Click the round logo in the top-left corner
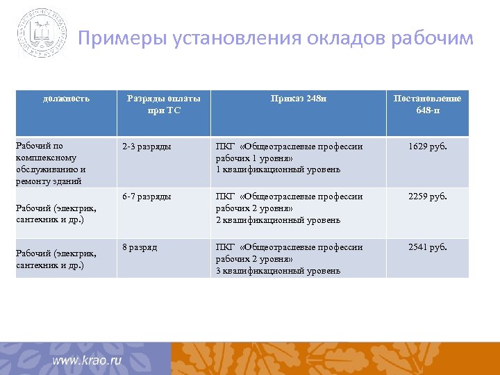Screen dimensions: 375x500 [x=42, y=33]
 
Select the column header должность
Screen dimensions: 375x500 [x=67, y=99]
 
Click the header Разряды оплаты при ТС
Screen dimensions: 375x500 [x=164, y=104]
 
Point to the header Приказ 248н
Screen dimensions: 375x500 [x=298, y=99]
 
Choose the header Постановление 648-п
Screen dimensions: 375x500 [x=427, y=104]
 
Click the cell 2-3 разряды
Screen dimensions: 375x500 [x=147, y=147]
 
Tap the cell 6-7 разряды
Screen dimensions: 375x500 [x=147, y=197]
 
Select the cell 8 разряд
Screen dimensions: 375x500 [x=140, y=247]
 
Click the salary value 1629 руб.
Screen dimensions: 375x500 [x=428, y=147]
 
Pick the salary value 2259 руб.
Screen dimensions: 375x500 [x=428, y=197]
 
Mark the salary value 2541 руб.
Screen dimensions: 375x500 [x=428, y=247]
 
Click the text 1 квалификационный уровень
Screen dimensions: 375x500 [x=278, y=169]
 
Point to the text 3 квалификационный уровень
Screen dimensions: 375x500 [x=278, y=270]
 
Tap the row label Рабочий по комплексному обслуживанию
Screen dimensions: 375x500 [x=50, y=163]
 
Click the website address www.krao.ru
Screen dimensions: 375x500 [x=87, y=360]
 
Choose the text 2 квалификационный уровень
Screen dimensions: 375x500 [x=278, y=220]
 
